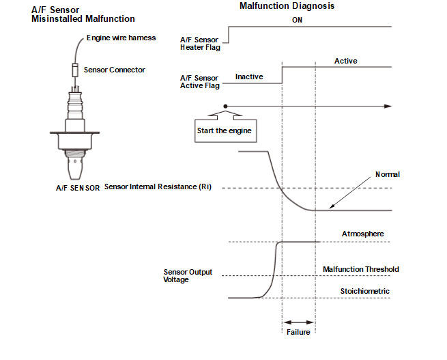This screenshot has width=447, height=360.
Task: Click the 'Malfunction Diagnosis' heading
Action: (x=287, y=6)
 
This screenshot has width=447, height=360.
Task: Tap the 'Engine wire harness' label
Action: (x=121, y=38)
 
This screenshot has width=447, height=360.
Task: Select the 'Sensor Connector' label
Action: (x=114, y=70)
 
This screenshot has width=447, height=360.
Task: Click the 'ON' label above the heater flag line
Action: (x=298, y=20)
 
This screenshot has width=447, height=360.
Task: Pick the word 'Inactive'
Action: (x=249, y=77)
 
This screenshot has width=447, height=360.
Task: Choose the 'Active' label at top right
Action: (x=345, y=61)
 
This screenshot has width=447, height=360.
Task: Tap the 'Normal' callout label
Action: (x=388, y=175)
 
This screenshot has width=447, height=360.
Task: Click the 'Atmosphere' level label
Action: (x=362, y=234)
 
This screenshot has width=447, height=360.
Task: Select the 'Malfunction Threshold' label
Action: (x=360, y=270)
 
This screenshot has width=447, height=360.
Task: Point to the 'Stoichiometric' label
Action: (x=364, y=291)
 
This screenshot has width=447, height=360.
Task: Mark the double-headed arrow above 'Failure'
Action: (x=298, y=322)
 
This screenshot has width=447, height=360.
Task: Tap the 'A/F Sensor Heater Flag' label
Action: (x=200, y=44)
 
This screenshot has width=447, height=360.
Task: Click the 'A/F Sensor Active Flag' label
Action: (x=200, y=81)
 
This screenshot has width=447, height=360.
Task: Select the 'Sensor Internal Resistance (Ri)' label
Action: (x=158, y=187)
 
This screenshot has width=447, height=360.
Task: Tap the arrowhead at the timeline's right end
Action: (x=388, y=107)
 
